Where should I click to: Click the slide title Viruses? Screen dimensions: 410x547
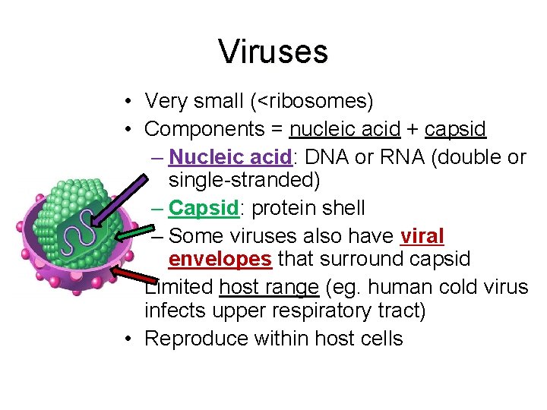coord(273,52)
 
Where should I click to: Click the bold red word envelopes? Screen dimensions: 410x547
coord(220,260)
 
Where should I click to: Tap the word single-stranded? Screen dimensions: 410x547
coord(243,181)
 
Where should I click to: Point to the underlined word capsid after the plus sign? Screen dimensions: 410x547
coord(454,129)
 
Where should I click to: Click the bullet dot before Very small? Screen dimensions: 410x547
coord(131,101)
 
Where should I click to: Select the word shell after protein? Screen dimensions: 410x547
coord(340,208)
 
